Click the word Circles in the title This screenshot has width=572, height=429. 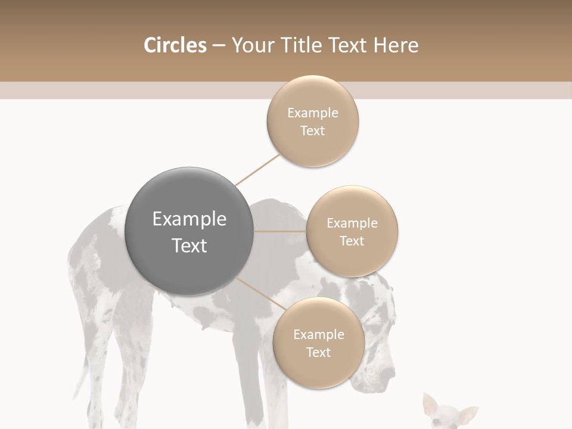point(175,45)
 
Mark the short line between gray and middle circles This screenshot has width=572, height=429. point(280,231)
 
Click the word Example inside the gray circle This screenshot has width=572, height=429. point(189,219)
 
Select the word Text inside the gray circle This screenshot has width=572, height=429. point(189,245)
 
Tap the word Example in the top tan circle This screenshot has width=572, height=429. point(313,113)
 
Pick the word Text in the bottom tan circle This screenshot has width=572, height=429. point(319,352)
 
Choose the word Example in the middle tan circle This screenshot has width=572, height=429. point(352,223)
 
